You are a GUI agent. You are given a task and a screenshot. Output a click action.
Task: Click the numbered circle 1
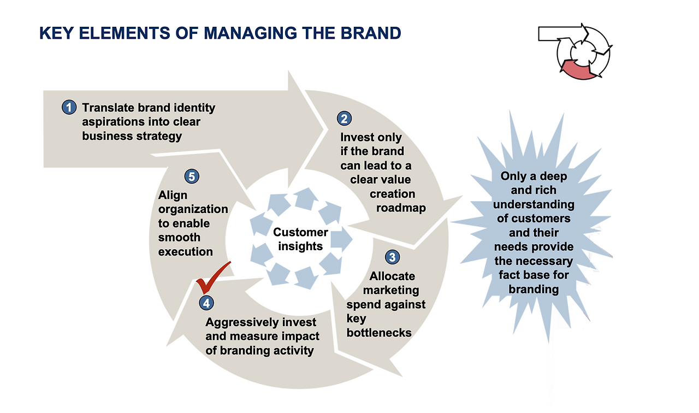pyautogui.click(x=69, y=108)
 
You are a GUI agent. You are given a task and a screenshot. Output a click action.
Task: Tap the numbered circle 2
pyautogui.click(x=344, y=119)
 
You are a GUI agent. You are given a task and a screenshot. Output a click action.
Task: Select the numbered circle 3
pyautogui.click(x=392, y=257)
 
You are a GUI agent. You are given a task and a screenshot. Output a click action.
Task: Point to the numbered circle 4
pyautogui.click(x=206, y=303)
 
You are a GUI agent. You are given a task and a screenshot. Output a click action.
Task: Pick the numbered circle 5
pyautogui.click(x=192, y=176)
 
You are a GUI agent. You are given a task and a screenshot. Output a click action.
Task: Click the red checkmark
pyautogui.click(x=214, y=278)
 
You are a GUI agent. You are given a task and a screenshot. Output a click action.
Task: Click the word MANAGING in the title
pyautogui.click(x=250, y=33)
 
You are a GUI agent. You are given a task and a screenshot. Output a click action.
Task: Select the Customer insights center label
pyautogui.click(x=300, y=239)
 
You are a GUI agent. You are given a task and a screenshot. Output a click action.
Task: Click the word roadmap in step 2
pyautogui.click(x=401, y=208)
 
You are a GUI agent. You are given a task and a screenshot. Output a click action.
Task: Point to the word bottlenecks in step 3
pyautogui.click(x=379, y=333)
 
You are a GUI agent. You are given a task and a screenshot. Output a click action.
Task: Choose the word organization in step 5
pyautogui.click(x=193, y=209)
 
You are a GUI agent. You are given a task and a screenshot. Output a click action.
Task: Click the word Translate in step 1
pyautogui.click(x=108, y=108)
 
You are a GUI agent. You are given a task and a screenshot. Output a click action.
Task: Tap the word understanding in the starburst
pyautogui.click(x=534, y=205)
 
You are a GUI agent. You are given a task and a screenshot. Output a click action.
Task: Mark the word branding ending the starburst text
pyautogui.click(x=534, y=290)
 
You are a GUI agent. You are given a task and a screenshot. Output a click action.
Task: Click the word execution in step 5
pyautogui.click(x=185, y=252)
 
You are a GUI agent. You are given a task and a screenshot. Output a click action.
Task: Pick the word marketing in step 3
pyautogui.click(x=391, y=291)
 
